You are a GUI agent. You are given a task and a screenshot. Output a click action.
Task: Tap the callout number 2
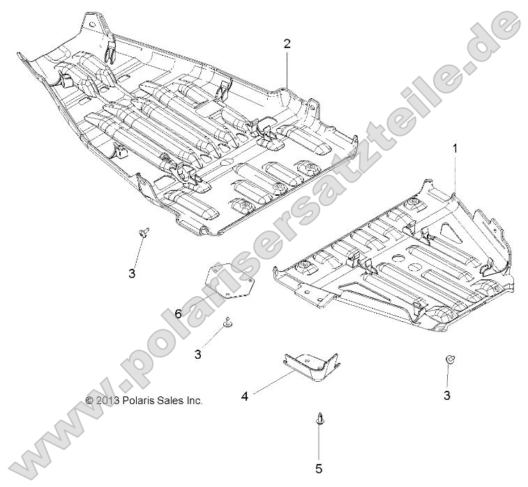(287, 43)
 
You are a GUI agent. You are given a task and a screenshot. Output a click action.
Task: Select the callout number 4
(245, 396)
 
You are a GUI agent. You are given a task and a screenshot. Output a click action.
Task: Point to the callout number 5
(319, 468)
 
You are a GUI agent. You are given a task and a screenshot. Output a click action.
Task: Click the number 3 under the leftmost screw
(132, 273)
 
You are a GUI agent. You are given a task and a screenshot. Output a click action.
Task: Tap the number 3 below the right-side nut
(447, 395)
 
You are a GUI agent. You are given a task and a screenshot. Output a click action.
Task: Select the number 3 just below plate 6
(198, 354)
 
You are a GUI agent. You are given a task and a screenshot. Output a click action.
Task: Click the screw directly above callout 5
(318, 419)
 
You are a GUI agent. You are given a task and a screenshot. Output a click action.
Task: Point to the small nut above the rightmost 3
(450, 360)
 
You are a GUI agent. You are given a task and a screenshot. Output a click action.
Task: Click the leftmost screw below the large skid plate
(143, 232)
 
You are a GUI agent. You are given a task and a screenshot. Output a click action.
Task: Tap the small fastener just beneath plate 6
(227, 322)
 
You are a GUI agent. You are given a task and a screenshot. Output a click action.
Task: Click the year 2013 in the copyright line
(107, 401)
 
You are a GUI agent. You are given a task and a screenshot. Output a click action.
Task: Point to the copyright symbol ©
(89, 401)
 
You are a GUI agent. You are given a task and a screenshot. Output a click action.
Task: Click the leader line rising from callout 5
(319, 442)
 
